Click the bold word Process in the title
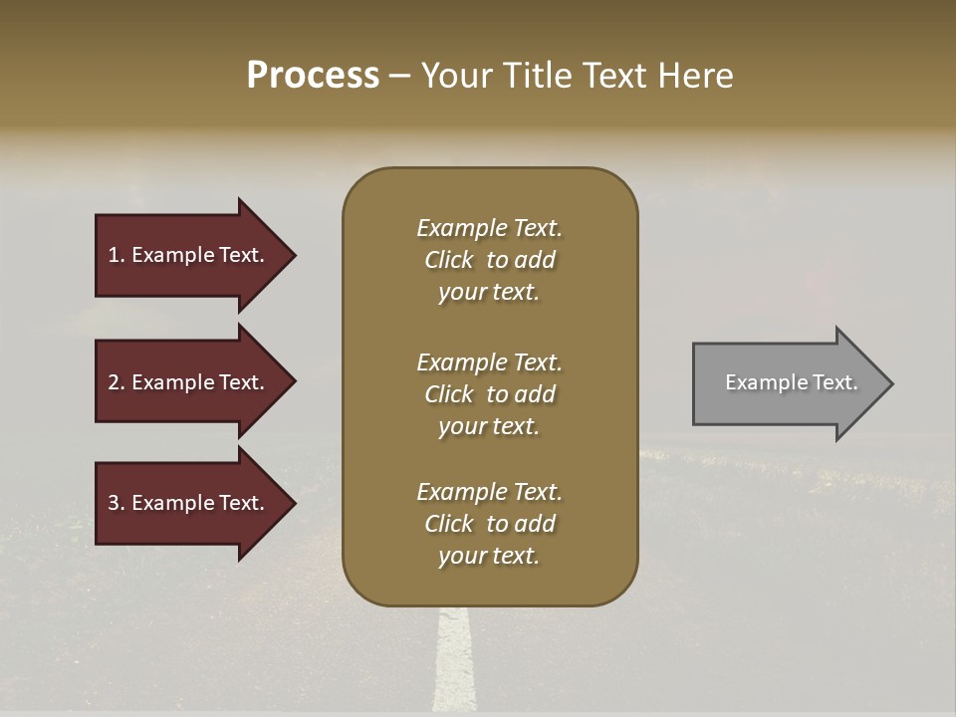pyautogui.click(x=313, y=76)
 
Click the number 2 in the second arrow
pyautogui.click(x=114, y=382)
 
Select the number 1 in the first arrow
pyautogui.click(x=114, y=255)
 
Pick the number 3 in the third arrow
pyautogui.click(x=114, y=503)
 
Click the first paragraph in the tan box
pyautogui.click(x=489, y=260)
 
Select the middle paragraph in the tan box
pyautogui.click(x=489, y=394)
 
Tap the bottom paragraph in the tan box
pyautogui.click(x=489, y=524)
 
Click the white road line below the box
pyautogui.click(x=454, y=662)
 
